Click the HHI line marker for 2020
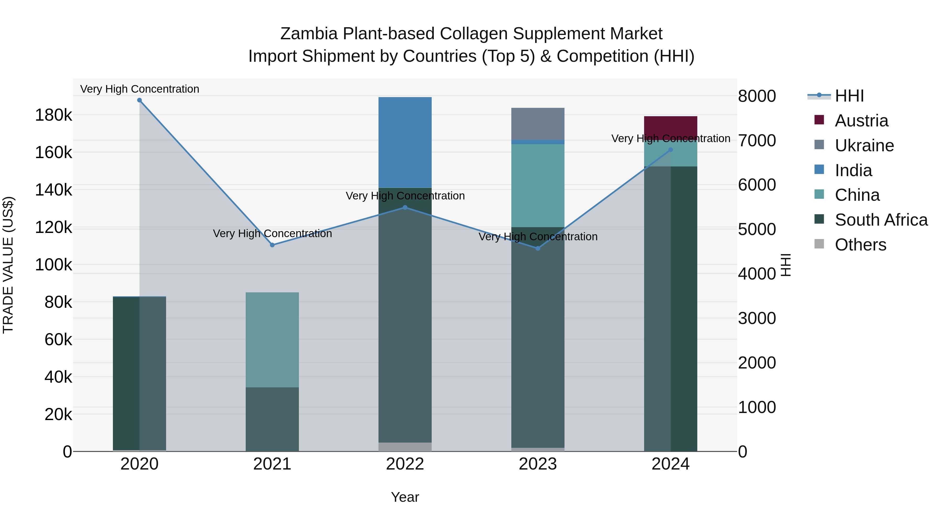(139, 100)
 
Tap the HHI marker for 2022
(405, 208)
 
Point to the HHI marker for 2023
(538, 249)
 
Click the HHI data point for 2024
(671, 150)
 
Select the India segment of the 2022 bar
(405, 143)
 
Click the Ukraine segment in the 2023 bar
(538, 124)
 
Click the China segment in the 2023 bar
(538, 186)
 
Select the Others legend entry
(860, 245)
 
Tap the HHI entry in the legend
(849, 96)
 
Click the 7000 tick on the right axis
(757, 141)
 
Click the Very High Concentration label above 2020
(139, 89)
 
